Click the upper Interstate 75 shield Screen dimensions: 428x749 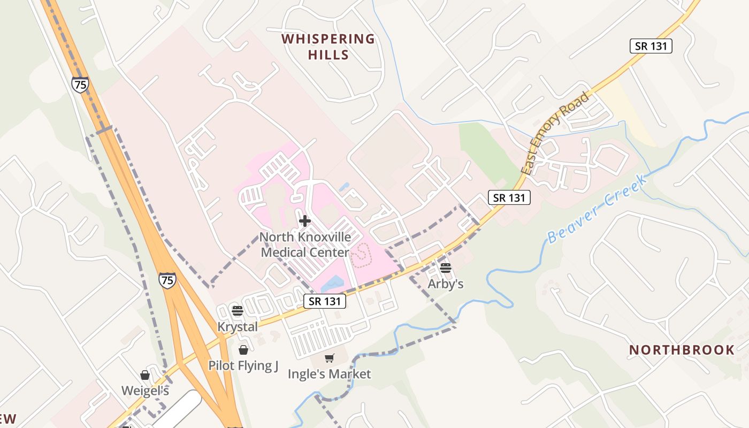tap(80, 85)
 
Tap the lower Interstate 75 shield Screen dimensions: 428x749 tap(167, 280)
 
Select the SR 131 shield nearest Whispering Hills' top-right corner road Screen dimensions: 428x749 tap(651, 46)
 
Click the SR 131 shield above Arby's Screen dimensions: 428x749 tap(509, 197)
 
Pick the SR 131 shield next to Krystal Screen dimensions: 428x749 tap(325, 301)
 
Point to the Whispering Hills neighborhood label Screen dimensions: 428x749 tap(328, 47)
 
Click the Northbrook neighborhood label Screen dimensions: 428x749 tap(682, 350)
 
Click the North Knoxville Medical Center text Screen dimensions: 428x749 tap(305, 244)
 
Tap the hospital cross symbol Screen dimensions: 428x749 tap(305, 220)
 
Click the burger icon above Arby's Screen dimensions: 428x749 tap(446, 268)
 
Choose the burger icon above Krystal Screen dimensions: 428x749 tap(238, 310)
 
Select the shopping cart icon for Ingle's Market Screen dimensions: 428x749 tap(330, 358)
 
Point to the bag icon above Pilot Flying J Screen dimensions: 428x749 tap(243, 350)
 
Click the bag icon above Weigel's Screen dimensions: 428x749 tap(145, 375)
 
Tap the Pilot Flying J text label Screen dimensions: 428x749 tap(243, 366)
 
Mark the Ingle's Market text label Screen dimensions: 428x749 tap(329, 374)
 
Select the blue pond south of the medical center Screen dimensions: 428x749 tap(334, 283)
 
